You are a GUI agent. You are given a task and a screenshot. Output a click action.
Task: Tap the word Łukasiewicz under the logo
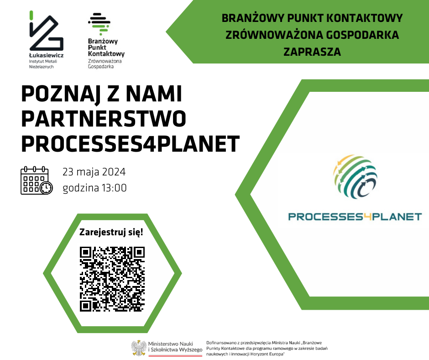click(46, 55)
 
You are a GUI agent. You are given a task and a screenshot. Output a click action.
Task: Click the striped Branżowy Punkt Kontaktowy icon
click(99, 24)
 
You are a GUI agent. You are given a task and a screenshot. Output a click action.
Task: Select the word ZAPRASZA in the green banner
click(312, 52)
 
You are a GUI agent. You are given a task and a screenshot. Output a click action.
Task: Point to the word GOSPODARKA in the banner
click(362, 35)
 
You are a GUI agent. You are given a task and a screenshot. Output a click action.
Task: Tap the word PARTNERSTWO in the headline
click(104, 119)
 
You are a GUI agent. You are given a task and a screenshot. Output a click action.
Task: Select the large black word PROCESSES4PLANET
click(131, 143)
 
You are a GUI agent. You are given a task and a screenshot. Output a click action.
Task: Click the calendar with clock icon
click(37, 180)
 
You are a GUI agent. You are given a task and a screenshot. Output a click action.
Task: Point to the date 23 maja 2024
click(94, 172)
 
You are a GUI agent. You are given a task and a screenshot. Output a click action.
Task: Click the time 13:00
click(115, 188)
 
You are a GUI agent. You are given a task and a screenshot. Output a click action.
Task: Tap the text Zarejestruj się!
click(111, 233)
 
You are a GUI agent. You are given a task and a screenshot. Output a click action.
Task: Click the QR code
click(112, 279)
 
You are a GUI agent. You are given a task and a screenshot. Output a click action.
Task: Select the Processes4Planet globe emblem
click(355, 176)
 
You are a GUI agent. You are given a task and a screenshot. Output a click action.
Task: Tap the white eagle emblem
click(139, 348)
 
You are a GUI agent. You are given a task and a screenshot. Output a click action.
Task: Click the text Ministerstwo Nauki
click(170, 344)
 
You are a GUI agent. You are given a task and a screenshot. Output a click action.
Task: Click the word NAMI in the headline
click(154, 94)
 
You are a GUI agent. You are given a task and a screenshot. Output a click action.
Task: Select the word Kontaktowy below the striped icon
click(106, 54)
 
